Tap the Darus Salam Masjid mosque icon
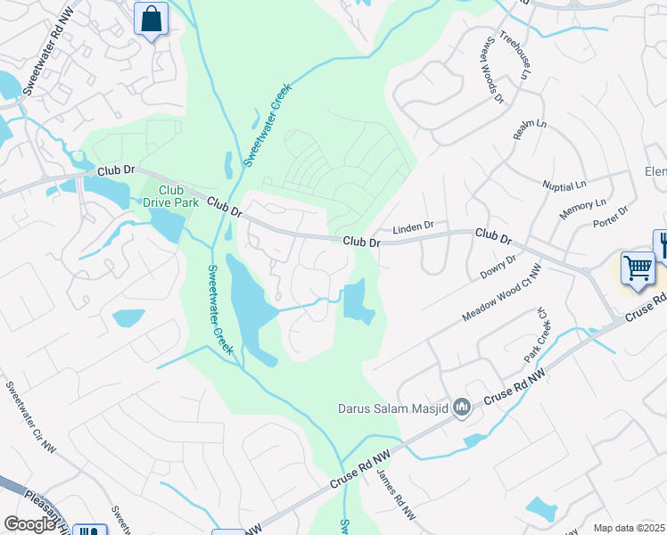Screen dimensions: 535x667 click(x=461, y=408)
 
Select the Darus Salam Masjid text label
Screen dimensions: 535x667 click(x=392, y=409)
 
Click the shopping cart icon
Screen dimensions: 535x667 click(x=638, y=267)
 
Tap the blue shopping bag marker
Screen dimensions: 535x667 click(x=151, y=18)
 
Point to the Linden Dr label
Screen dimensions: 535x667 click(x=412, y=227)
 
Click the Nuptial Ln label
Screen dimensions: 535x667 click(x=564, y=185)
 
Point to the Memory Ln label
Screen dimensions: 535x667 click(x=582, y=210)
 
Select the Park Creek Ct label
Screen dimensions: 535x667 click(x=535, y=334)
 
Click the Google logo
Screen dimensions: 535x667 click(x=30, y=523)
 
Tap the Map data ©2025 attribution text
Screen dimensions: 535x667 click(x=630, y=528)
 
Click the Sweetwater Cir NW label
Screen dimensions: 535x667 click(x=31, y=417)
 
